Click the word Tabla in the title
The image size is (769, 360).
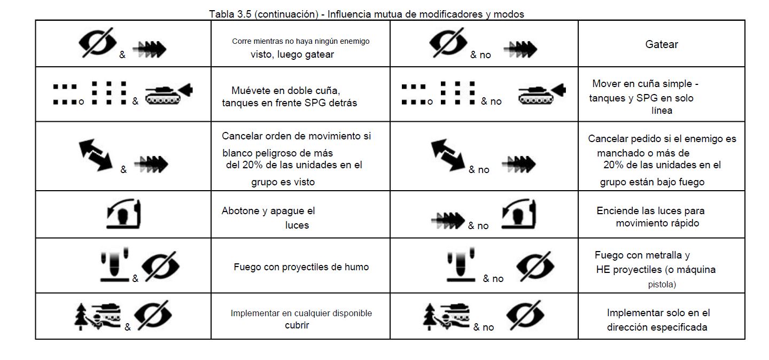click(222, 14)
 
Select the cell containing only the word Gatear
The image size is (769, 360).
click(662, 44)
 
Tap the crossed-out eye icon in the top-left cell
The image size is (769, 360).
click(97, 43)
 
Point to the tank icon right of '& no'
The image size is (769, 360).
click(542, 93)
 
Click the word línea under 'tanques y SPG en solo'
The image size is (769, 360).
click(662, 111)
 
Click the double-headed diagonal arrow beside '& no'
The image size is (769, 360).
click(447, 155)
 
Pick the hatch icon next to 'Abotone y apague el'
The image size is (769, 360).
click(123, 214)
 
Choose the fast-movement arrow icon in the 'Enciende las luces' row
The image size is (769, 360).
click(448, 221)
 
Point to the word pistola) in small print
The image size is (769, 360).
click(662, 285)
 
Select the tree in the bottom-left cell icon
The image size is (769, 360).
click(81, 316)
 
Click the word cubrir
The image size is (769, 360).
click(297, 325)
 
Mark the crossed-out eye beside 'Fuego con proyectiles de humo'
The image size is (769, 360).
click(160, 267)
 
